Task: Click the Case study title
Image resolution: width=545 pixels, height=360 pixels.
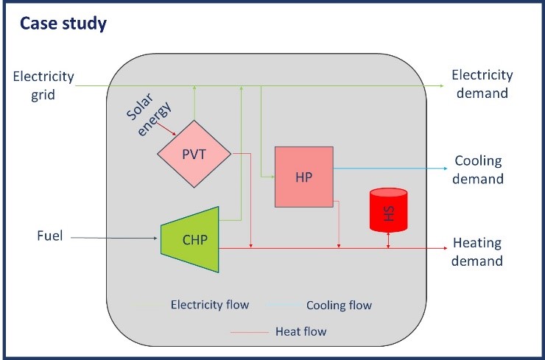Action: point(63,23)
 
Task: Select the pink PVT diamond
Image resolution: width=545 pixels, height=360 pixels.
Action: point(194,155)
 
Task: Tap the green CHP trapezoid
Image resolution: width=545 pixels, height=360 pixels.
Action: point(191,239)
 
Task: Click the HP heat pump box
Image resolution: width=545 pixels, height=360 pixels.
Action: point(303,177)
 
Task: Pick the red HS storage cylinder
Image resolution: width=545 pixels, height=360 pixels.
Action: point(388,210)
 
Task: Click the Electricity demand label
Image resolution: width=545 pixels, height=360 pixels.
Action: point(482,84)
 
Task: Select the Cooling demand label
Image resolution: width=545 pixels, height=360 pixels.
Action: point(479,170)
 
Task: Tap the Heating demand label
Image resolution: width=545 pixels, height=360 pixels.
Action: point(477,252)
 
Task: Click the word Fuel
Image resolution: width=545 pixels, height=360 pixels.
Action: point(49,237)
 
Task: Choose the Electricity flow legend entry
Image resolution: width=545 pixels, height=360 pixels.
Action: point(209,304)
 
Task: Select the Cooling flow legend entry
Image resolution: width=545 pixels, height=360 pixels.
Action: point(339,305)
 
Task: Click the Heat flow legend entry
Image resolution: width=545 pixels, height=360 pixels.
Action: point(300,331)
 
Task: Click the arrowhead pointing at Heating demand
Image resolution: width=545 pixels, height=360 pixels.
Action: point(443,248)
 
